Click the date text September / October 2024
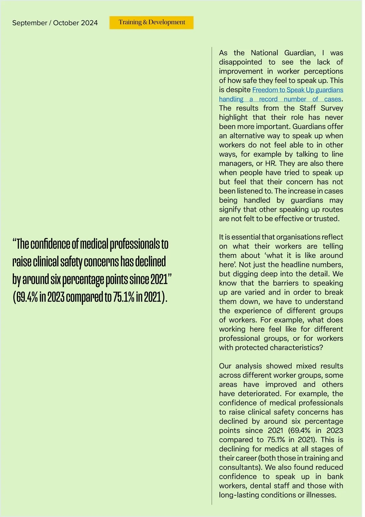click(55, 23)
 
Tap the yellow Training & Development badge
click(151, 23)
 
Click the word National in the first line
click(264, 53)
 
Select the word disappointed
click(240, 62)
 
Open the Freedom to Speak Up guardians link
click(297, 90)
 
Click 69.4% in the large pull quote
click(27, 297)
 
